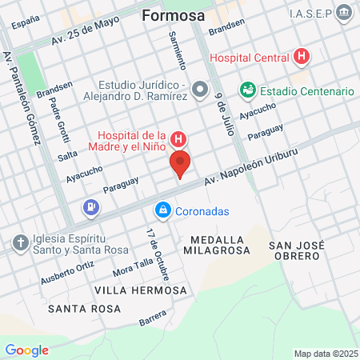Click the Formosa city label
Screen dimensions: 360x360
[x=173, y=15]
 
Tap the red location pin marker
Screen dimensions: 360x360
[x=180, y=165]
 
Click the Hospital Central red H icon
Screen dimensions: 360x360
[x=301, y=58]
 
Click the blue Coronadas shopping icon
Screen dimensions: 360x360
[x=162, y=210]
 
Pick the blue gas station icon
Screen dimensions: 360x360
[x=91, y=209]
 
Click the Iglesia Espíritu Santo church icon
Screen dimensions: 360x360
[x=20, y=241]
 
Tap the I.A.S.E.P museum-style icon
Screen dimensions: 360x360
[x=344, y=12]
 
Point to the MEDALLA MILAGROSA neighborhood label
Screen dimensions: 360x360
[x=221, y=245]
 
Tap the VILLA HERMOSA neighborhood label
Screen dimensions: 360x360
[x=140, y=290]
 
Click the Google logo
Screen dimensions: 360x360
[x=26, y=350]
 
